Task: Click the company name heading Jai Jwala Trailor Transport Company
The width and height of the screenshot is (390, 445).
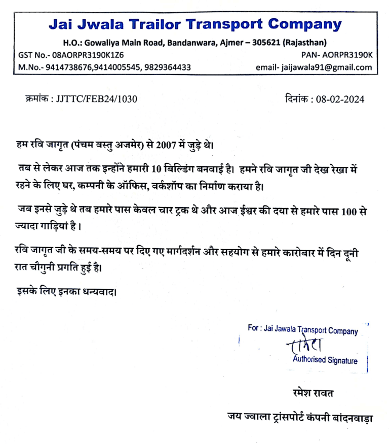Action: click(195, 24)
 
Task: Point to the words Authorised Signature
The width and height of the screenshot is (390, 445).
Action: click(325, 361)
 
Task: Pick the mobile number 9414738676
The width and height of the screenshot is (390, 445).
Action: click(66, 67)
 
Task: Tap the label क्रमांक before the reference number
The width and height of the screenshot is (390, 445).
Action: click(36, 98)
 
